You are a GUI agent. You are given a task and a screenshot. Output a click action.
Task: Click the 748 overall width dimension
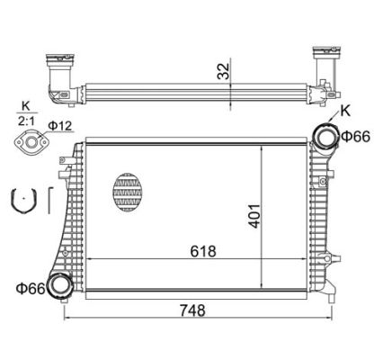click(192, 310)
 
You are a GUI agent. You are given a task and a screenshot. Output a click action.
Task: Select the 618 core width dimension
click(203, 251)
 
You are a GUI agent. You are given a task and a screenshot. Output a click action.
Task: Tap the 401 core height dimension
click(254, 216)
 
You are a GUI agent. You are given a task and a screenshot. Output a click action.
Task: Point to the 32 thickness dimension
click(223, 71)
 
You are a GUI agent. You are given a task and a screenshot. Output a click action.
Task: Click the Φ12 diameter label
click(60, 125)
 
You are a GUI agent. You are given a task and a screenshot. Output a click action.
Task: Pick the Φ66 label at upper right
click(356, 137)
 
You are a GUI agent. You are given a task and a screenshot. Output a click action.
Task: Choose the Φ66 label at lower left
click(31, 289)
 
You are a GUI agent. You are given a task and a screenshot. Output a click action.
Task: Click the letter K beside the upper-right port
click(345, 111)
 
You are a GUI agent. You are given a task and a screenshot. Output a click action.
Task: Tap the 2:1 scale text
click(26, 121)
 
